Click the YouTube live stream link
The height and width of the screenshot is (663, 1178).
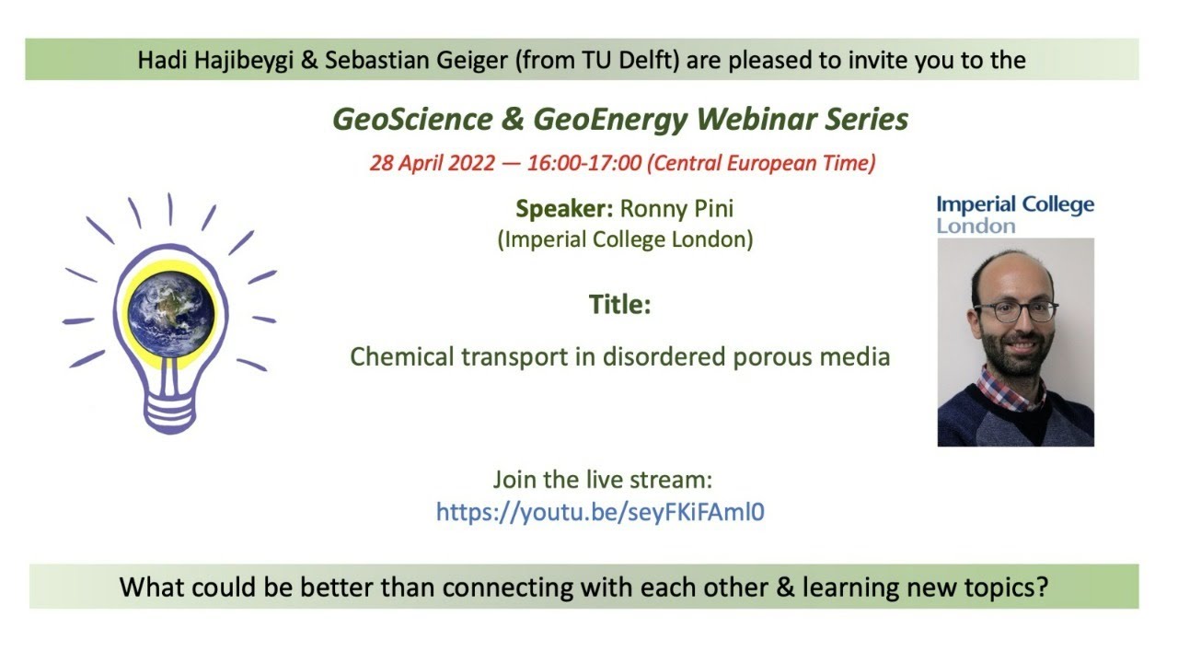coord(600,512)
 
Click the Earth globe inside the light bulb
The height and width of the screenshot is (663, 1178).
coord(171,315)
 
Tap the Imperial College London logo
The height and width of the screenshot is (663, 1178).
coord(1015,215)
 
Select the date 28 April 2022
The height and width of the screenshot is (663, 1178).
coord(432,163)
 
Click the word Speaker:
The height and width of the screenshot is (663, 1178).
coord(564,209)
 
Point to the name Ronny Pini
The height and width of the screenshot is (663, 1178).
coord(676,209)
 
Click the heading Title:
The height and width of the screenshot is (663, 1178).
coord(620,304)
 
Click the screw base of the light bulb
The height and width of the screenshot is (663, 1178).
coord(169,413)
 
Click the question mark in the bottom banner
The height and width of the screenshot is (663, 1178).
coord(1041,587)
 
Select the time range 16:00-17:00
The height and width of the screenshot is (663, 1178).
coord(584,163)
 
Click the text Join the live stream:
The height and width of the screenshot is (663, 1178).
coord(603,480)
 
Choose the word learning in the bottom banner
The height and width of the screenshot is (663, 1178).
coord(851,587)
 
